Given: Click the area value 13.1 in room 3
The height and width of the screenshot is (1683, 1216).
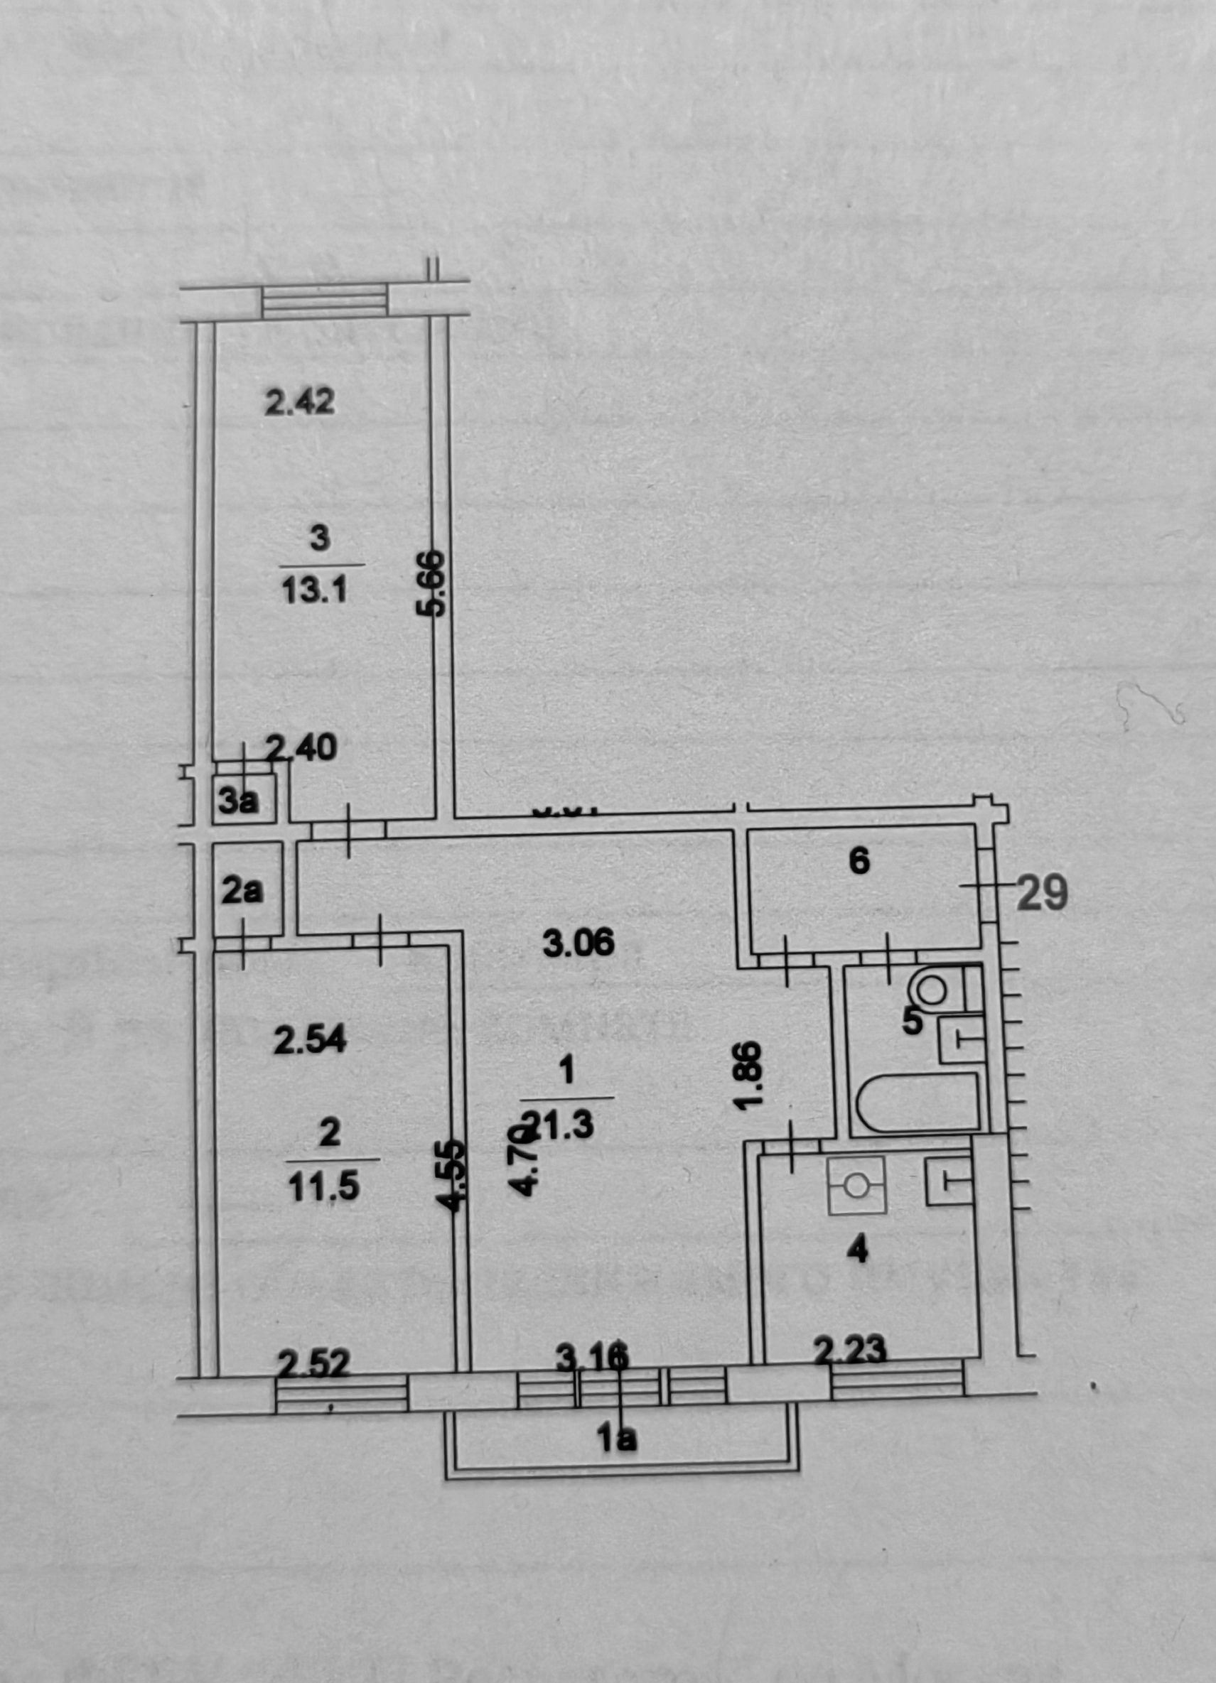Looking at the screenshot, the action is pos(315,591).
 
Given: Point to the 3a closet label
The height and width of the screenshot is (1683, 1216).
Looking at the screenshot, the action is pos(239,801).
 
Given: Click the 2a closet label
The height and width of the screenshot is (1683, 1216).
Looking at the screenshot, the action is pos(242,893).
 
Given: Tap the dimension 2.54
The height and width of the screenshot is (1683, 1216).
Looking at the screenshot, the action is pos(311,1042).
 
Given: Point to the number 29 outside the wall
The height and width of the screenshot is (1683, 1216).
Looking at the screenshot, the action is pos(1042,894).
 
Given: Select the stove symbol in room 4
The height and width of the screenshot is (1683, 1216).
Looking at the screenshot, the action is pos(856,1185).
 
